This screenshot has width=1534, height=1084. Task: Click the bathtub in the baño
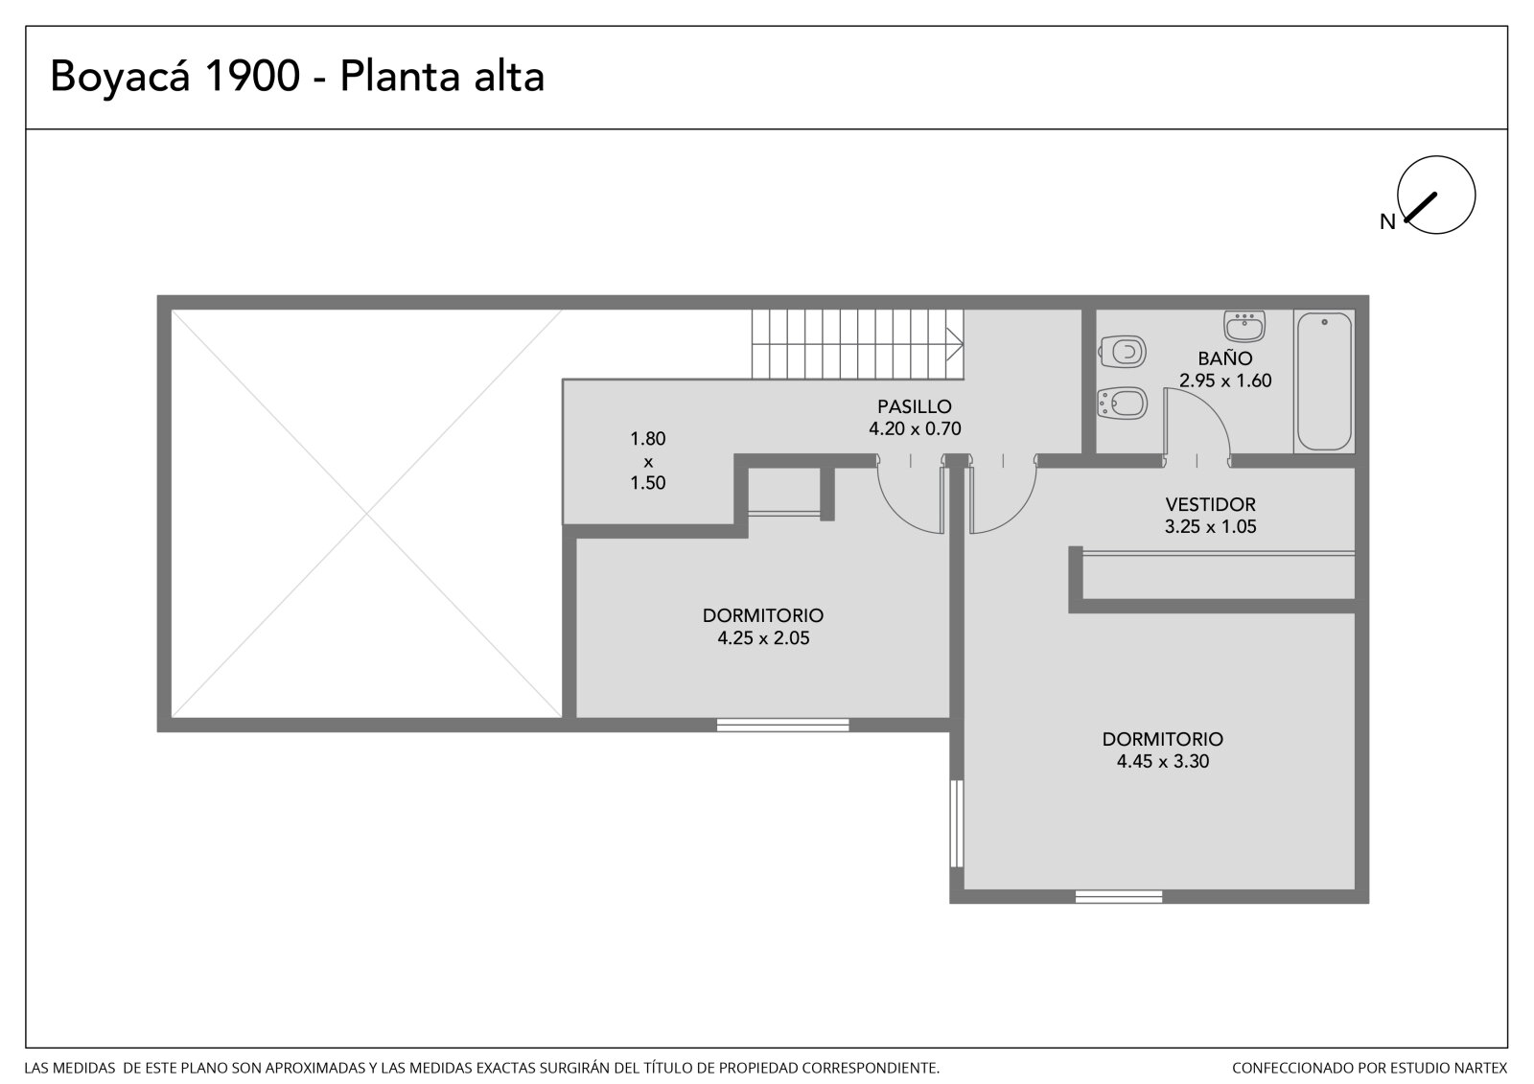[x=1324, y=381]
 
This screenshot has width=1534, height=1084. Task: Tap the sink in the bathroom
[x=1244, y=326]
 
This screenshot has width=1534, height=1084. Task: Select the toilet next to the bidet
[x=1123, y=352]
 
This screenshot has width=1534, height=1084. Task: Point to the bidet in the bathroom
[x=1122, y=404]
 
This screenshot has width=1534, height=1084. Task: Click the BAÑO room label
[x=1225, y=358]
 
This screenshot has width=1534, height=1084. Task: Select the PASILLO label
[x=915, y=406]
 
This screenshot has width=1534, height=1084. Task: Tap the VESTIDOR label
[x=1210, y=505]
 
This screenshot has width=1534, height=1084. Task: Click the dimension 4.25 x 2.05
[x=763, y=638]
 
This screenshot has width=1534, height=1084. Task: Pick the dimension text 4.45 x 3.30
[x=1162, y=761]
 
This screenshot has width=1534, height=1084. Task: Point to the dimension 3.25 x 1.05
[x=1210, y=526]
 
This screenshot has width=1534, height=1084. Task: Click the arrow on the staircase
[x=955, y=344]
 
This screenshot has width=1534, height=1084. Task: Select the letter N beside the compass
[x=1387, y=221]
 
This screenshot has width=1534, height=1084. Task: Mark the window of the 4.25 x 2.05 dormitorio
[x=782, y=726]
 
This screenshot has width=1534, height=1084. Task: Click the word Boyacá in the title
[x=120, y=76]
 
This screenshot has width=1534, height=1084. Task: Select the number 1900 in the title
[x=252, y=76]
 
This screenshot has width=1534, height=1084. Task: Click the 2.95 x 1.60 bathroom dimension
[x=1225, y=381]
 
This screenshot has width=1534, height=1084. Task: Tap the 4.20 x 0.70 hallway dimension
[x=915, y=428]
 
